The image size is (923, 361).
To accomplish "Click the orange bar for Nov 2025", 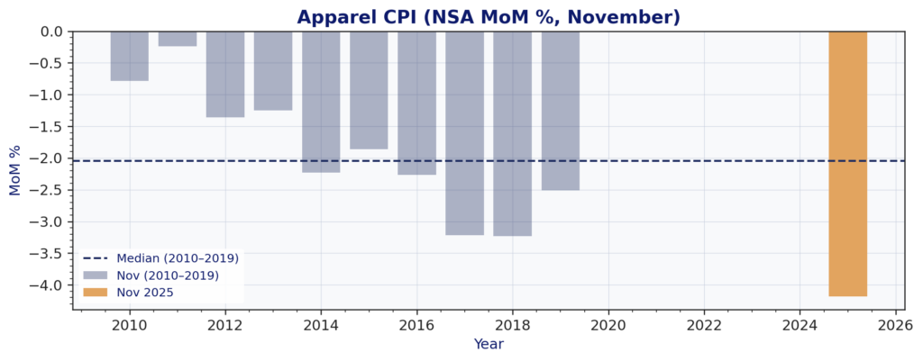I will pyautogui.click(x=847, y=164).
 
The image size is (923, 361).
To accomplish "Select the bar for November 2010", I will pyautogui.click(x=129, y=56).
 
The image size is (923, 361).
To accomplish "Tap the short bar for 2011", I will pyautogui.click(x=177, y=39).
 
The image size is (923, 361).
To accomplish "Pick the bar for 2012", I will pyautogui.click(x=224, y=74).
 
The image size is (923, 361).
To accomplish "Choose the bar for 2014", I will pyautogui.click(x=321, y=102).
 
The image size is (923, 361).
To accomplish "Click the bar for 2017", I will pyautogui.click(x=464, y=133).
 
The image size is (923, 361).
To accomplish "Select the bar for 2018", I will pyautogui.click(x=512, y=133).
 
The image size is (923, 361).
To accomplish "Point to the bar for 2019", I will pyautogui.click(x=560, y=111).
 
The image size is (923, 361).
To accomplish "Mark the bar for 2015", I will pyautogui.click(x=369, y=90).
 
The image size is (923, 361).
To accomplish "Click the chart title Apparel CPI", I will pyautogui.click(x=488, y=17).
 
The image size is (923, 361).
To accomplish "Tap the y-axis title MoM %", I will pyautogui.click(x=15, y=170).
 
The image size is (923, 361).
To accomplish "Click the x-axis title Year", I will pyautogui.click(x=489, y=344).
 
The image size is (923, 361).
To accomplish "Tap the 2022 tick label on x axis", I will pyautogui.click(x=704, y=324).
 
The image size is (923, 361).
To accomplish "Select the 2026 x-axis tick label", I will pyautogui.click(x=895, y=324).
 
